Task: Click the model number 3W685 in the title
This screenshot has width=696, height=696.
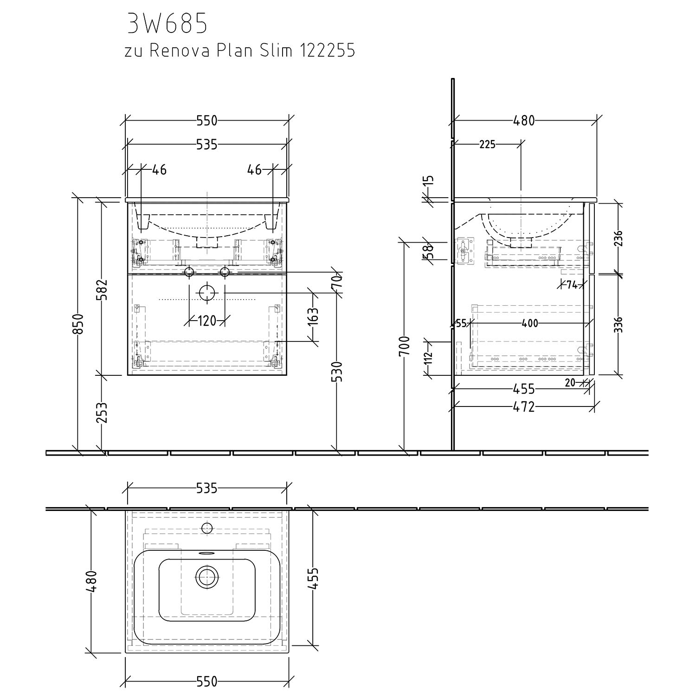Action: pyautogui.click(x=167, y=24)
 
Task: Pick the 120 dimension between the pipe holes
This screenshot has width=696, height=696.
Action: pyautogui.click(x=207, y=321)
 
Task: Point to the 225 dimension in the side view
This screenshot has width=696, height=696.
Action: pyautogui.click(x=487, y=145)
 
